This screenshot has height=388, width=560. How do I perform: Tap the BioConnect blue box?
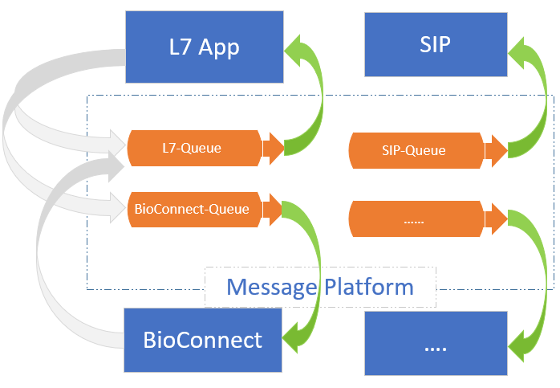tap(203, 341)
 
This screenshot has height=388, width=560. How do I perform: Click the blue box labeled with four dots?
tap(435, 343)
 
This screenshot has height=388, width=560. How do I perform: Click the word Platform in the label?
tap(369, 287)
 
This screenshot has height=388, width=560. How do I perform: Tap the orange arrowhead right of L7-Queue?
tap(274, 148)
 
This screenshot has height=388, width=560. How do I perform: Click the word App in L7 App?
tap(220, 47)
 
